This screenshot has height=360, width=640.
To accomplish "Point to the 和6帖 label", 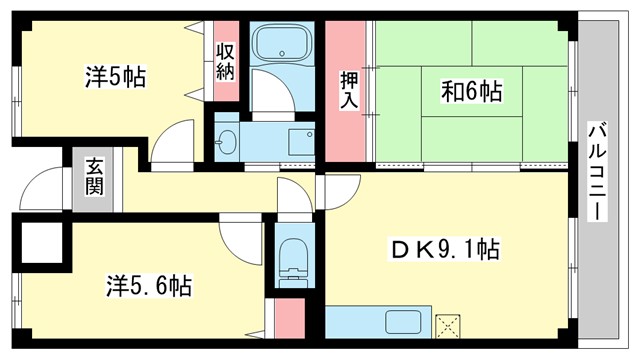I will (x=471, y=91).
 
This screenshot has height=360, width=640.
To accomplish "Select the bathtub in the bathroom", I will (x=283, y=45).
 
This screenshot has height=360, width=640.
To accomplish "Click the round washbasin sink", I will (x=227, y=142).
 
